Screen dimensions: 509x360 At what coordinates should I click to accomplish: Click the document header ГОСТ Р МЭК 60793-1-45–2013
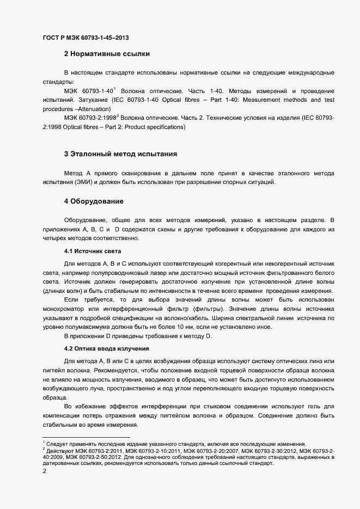[x=86, y=38]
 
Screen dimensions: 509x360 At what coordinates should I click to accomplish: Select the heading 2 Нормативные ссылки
[x=107, y=54]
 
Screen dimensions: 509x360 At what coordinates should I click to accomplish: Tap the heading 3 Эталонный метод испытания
[x=120, y=154]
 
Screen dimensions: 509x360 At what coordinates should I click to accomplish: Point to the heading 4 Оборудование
[x=94, y=201]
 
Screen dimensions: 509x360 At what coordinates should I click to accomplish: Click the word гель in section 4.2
[x=319, y=406]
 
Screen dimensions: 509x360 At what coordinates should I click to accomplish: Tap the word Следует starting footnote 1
[x=57, y=443]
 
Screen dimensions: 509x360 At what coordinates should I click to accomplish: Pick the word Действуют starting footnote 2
[x=59, y=450]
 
